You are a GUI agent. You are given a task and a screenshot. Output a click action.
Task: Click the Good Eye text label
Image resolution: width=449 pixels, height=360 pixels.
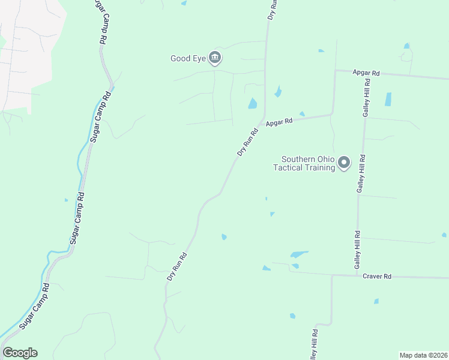[188, 58]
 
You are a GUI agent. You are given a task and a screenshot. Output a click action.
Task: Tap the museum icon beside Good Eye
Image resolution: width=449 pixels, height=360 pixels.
[215, 58]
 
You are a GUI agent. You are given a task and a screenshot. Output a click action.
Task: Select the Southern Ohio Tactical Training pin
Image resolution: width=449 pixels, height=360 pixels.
[344, 163]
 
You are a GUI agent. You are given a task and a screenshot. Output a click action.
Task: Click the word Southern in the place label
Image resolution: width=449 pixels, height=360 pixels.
[298, 159]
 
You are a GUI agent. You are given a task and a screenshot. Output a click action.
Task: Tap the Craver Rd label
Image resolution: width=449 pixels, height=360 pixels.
[377, 276]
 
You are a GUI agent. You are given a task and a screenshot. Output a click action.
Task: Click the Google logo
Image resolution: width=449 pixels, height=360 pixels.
[20, 353]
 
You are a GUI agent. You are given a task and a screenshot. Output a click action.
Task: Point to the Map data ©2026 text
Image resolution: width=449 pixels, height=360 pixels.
[423, 355]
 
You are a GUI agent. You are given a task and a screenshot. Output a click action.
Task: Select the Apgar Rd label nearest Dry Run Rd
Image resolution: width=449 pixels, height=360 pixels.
[280, 121]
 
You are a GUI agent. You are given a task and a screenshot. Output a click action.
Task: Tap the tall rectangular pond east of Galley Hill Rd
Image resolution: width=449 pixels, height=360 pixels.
[388, 100]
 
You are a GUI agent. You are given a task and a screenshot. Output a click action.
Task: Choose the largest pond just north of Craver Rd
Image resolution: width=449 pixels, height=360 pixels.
[299, 254]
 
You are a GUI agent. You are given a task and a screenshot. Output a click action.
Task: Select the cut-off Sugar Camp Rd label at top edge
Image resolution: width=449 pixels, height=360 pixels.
[100, 21]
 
